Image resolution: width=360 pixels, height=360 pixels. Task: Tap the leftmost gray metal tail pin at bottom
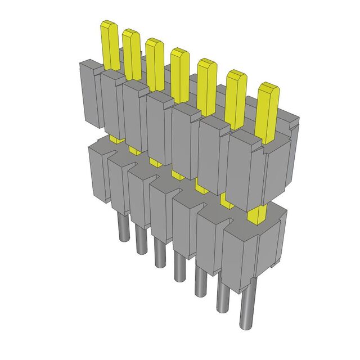click(122, 227)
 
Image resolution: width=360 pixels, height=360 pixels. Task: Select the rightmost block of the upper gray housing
click(262, 169)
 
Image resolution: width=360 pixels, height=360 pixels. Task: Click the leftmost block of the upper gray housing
click(90, 93)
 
